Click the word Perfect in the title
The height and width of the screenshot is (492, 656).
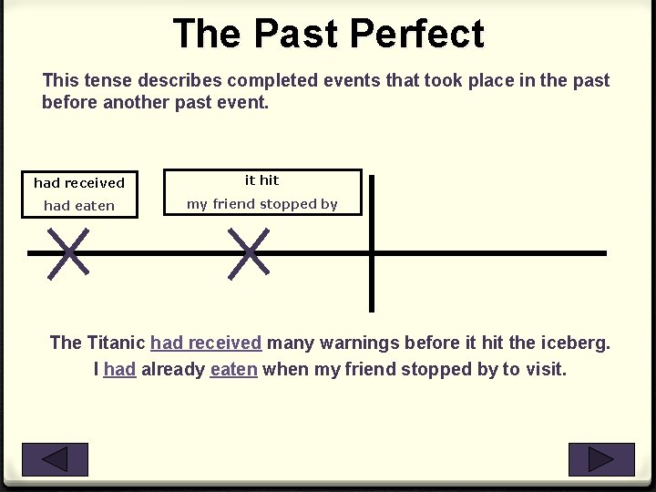[x=416, y=34]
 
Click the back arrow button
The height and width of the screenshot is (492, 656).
[x=55, y=459]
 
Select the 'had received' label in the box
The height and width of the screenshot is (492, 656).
[x=79, y=183]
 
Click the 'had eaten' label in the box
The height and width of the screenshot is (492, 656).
[x=79, y=206]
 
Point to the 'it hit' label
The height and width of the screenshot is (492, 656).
[x=261, y=180]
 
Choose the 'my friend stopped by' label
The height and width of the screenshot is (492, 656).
[x=261, y=204]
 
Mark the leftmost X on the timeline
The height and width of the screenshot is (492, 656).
[x=69, y=252]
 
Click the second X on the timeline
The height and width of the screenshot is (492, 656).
[x=249, y=252]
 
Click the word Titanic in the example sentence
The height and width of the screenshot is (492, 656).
[x=116, y=343]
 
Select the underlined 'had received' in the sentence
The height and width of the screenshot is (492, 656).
[x=206, y=343]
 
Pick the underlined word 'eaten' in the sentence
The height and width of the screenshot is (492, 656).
[x=233, y=370]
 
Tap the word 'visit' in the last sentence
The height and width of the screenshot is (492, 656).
[x=544, y=370]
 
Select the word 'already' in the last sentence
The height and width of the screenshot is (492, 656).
[x=173, y=370]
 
